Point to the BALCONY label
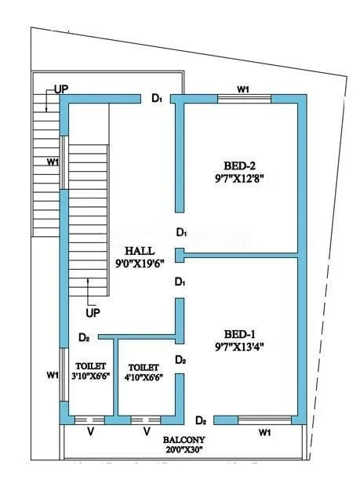[183, 441]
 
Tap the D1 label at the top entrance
[157, 98]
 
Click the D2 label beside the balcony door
[202, 420]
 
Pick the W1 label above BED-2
[243, 89]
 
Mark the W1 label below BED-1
[264, 432]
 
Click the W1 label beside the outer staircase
[53, 162]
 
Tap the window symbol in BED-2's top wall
[244, 99]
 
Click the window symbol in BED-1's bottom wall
[264, 420]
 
